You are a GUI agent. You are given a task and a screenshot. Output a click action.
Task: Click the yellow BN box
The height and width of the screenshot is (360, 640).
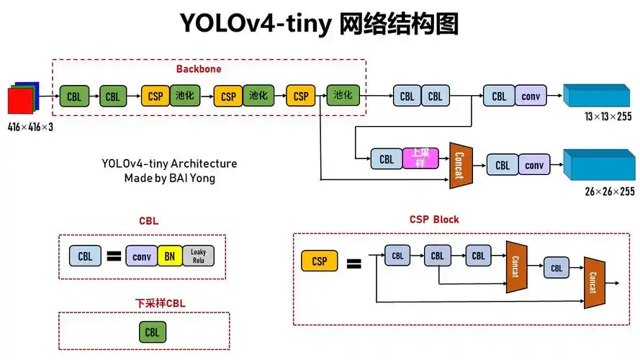pyautogui.click(x=169, y=256)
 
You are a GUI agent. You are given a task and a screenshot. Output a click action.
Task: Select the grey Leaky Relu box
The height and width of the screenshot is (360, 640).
pyautogui.click(x=198, y=256)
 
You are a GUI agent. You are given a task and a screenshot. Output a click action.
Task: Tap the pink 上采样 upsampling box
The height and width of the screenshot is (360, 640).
pyautogui.click(x=419, y=158)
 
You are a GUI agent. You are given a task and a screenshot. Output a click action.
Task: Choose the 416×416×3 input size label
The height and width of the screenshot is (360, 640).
pyautogui.click(x=31, y=127)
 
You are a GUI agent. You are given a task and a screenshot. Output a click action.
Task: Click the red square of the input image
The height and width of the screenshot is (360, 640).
pyautogui.click(x=19, y=101)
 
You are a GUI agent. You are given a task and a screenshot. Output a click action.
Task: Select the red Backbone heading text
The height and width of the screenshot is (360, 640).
pyautogui.click(x=199, y=69)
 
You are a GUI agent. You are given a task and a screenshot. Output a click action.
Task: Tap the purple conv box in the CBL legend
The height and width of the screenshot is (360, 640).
pyautogui.click(x=141, y=256)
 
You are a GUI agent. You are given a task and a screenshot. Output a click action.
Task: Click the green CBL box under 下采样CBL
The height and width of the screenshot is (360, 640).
pyautogui.click(x=152, y=332)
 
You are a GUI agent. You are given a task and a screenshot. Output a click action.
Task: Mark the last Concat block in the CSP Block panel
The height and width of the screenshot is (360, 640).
pyautogui.click(x=593, y=282)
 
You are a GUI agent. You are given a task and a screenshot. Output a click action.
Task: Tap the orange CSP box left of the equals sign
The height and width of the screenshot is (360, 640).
pyautogui.click(x=319, y=261)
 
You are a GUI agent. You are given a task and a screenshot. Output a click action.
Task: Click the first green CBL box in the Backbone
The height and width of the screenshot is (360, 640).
pyautogui.click(x=74, y=96)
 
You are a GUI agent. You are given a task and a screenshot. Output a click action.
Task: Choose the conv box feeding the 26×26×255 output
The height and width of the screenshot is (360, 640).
pyautogui.click(x=533, y=166)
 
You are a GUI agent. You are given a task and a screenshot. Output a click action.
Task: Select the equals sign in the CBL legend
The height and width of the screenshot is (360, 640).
pyautogui.click(x=113, y=256)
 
